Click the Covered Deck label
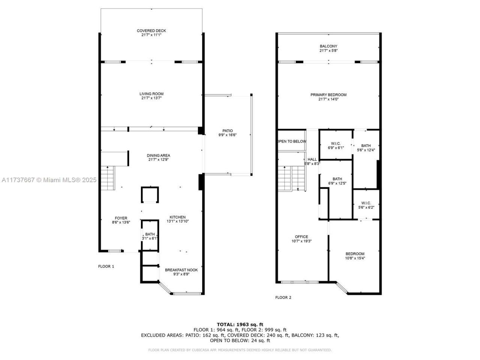pyautogui.click(x=151, y=33)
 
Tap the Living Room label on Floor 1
pyautogui.click(x=151, y=96)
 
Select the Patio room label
pyautogui.click(x=228, y=133)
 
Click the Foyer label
pyautogui.click(x=121, y=220)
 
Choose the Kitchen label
pyautogui.click(x=177, y=219)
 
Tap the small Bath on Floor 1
pyautogui.click(x=150, y=236)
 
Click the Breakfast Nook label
pyautogui.click(x=181, y=272)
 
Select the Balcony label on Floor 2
pyautogui.click(x=328, y=48)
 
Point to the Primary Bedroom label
pyautogui.click(x=328, y=97)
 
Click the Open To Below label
pyautogui.click(x=292, y=141)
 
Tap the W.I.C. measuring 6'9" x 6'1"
pyautogui.click(x=335, y=145)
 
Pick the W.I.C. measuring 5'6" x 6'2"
pyautogui.click(x=366, y=205)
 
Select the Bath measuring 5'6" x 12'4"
pyautogui.click(x=366, y=148)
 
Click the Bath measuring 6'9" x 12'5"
pyautogui.click(x=337, y=181)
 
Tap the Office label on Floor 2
pyautogui.click(x=301, y=239)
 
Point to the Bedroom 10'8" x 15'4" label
pyautogui.click(x=355, y=256)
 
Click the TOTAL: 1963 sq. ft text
pyautogui.click(x=240, y=324)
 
